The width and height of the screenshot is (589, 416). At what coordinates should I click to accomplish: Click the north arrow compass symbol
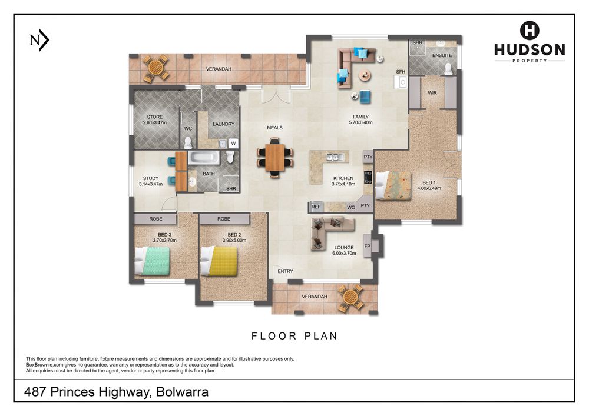[39, 40]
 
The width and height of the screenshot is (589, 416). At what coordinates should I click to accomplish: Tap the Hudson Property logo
[530, 42]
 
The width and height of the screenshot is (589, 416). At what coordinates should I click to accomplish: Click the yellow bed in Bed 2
[219, 261]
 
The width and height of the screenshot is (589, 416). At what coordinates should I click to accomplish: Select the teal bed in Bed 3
[152, 261]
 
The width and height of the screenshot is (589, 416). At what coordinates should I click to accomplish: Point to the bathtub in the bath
[204, 158]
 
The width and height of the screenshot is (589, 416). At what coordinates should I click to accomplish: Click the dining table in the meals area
[275, 158]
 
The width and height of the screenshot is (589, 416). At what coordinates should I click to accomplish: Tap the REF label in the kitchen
[316, 207]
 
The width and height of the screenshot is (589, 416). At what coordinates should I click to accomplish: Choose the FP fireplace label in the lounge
[367, 246]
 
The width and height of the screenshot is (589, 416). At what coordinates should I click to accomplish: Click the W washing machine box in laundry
[233, 143]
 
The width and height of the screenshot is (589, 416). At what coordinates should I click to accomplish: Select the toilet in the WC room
[188, 142]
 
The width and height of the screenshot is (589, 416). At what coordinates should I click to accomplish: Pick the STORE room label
[155, 117]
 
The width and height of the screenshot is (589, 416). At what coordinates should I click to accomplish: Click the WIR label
[432, 92]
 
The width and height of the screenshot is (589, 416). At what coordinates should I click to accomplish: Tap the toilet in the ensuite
[448, 69]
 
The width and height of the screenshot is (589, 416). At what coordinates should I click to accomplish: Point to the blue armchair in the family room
[365, 96]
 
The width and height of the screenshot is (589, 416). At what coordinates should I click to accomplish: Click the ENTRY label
[286, 271]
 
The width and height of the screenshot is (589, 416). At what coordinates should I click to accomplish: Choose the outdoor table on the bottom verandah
[350, 298]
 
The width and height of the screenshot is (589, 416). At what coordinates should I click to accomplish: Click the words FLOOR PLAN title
[294, 336]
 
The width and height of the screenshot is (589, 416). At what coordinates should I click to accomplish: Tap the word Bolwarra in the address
[182, 392]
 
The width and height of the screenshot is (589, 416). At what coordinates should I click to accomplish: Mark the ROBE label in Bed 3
[155, 219]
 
